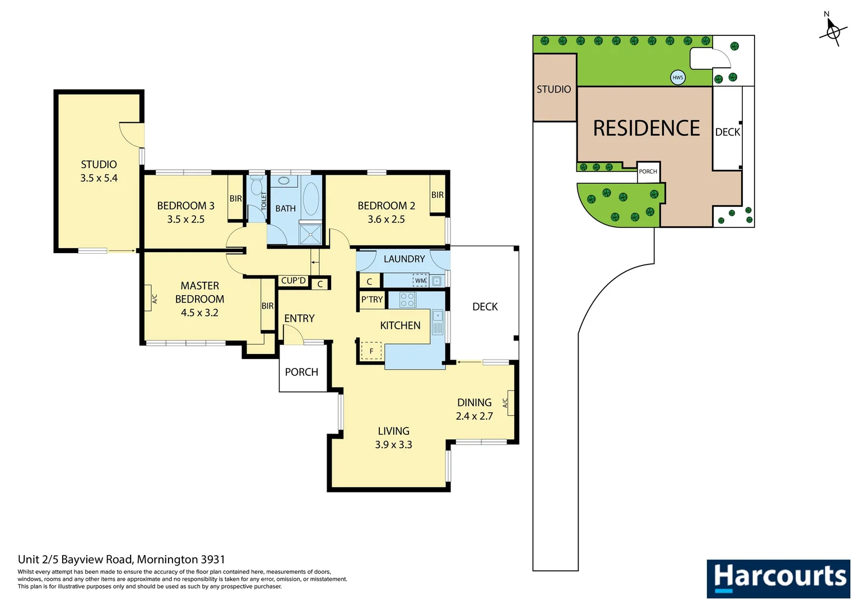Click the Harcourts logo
click(x=778, y=578)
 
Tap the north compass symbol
click(x=832, y=31)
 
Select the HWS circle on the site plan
click(x=678, y=78)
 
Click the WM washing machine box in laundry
click(x=420, y=281)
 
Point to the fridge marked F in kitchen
click(x=371, y=351)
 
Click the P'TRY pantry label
click(x=372, y=300)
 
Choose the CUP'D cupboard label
click(x=294, y=281)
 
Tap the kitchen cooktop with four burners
click(x=408, y=300)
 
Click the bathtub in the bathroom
click(x=311, y=198)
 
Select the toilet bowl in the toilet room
click(x=257, y=187)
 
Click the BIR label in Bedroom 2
click(x=438, y=195)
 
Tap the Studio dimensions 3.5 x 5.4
click(x=99, y=178)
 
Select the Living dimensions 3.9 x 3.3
click(x=393, y=445)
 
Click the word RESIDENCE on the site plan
click(x=646, y=128)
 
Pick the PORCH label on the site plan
click(x=648, y=171)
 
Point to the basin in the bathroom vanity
click(x=283, y=181)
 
